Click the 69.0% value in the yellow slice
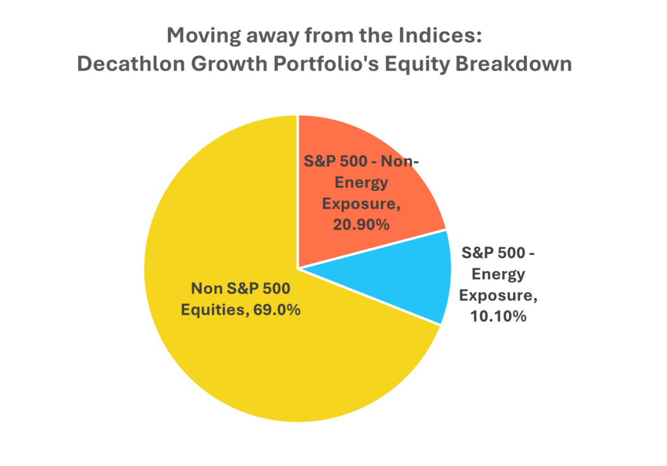pos(277,310)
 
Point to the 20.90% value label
pos(361,225)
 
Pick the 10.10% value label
pos(498,316)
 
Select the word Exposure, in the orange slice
pos(361,204)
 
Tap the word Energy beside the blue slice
pos(498,275)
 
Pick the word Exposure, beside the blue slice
pos(498,295)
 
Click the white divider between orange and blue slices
pos(373,249)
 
